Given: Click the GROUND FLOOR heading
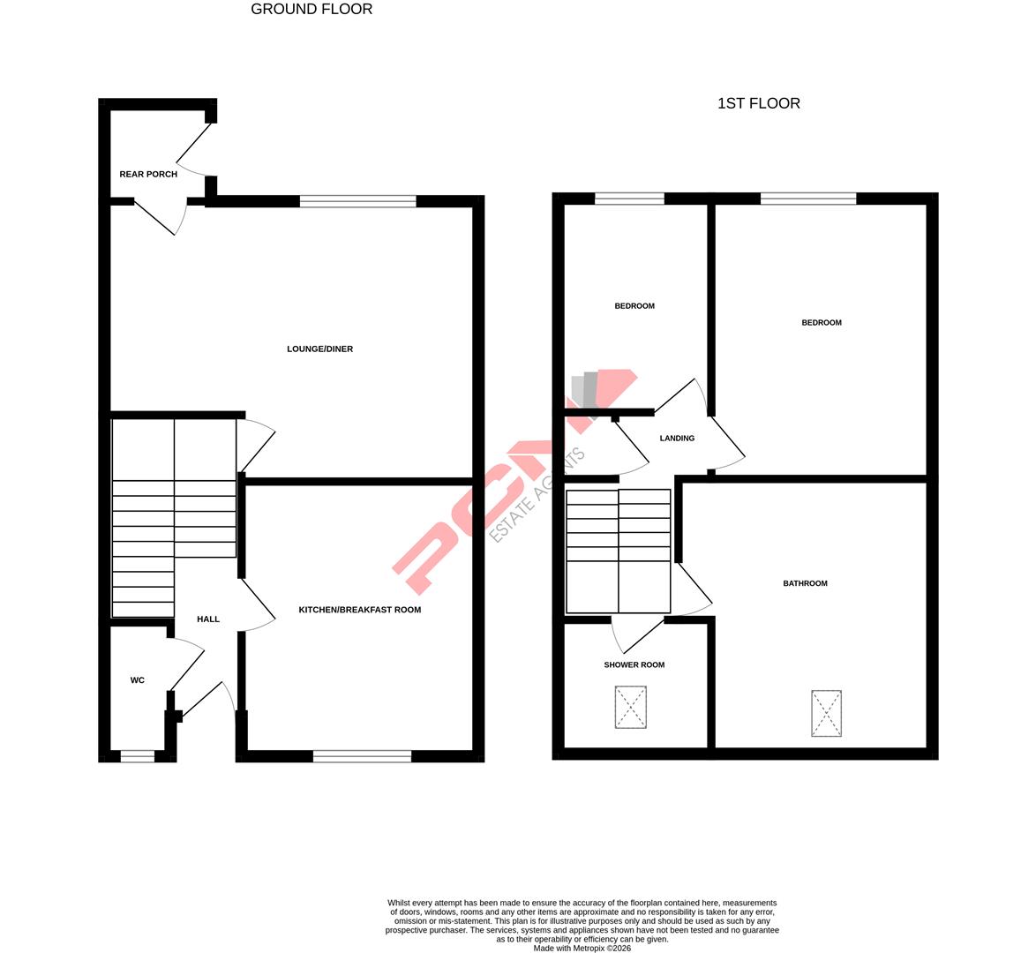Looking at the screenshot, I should (312, 10).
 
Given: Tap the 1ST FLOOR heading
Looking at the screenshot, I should (758, 103).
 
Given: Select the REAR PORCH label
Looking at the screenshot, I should (148, 175).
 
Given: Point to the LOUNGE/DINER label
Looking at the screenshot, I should (319, 349).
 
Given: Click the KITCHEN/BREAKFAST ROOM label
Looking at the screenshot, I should (359, 610).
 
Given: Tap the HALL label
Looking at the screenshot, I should (208, 619).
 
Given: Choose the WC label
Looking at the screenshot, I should (137, 680).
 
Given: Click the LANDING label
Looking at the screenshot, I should (677, 439).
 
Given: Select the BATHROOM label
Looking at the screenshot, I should (805, 583).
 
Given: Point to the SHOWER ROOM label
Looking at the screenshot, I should (634, 665).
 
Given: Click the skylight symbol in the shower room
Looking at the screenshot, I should (630, 708).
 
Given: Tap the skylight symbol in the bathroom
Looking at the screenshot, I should (826, 713).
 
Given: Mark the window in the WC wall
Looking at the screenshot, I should (137, 755).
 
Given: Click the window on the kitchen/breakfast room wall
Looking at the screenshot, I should (362, 755).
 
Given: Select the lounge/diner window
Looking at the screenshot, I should (357, 201).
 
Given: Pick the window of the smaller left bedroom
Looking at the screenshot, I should (629, 199).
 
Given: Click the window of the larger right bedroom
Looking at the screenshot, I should (807, 199).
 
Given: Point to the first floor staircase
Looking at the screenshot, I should (618, 551).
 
